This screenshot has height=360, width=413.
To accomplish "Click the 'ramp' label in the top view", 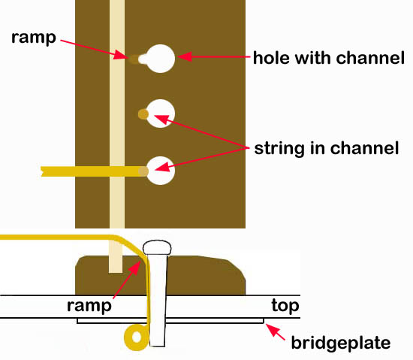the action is click(x=34, y=38).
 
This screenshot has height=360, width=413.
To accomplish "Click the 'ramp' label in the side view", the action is click(x=89, y=306).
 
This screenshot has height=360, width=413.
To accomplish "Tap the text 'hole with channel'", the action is click(x=329, y=58).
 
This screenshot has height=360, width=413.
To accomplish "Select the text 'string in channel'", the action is click(x=327, y=148).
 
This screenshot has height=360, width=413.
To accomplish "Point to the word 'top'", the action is click(x=285, y=306).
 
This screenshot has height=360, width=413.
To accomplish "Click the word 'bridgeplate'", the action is click(x=341, y=343).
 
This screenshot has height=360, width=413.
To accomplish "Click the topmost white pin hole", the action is click(x=160, y=59).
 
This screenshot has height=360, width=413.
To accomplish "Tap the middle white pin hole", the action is click(x=161, y=113).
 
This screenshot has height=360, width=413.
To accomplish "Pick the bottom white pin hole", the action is click(x=161, y=171).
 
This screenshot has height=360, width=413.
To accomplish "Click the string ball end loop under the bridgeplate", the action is click(x=130, y=338).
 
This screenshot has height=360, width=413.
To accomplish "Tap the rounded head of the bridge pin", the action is click(x=157, y=247).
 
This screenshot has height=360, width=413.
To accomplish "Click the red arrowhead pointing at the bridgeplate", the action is click(x=271, y=328).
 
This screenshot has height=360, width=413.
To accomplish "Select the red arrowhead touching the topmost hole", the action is click(x=185, y=56).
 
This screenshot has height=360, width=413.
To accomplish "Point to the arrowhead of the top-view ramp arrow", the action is click(x=121, y=55).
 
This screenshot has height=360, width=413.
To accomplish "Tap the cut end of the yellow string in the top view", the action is click(x=42, y=171).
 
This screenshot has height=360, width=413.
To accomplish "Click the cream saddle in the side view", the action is click(x=116, y=257).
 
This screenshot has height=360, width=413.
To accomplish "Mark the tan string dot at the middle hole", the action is click(x=143, y=114).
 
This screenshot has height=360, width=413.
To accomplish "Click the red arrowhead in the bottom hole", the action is click(x=162, y=168).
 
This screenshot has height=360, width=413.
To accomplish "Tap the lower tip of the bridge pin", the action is click(x=157, y=346).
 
